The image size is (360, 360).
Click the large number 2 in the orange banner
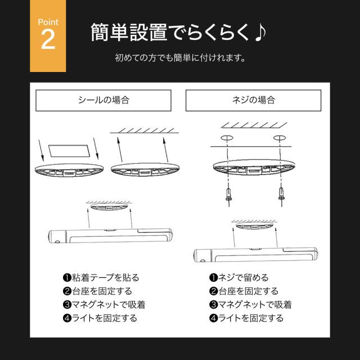pos(48,39)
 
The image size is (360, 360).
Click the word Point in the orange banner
pos(48,22)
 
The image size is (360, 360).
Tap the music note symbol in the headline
pos(260,33)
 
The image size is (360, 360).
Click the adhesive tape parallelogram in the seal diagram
pos(69,151)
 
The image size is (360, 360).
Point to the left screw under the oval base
pos(228,195)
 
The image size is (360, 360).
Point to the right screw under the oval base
pos(281,195)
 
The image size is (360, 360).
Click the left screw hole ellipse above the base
pos(227,138)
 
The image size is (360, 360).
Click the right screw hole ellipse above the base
pos(280,138)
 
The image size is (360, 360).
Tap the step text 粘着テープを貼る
pos(106,277)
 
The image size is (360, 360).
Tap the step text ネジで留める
pos(244,277)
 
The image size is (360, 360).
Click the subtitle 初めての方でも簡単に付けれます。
pos(180,57)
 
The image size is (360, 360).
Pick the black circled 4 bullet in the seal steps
pos(67,318)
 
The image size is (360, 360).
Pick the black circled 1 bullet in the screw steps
pos(214,277)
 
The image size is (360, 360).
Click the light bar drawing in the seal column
pos(110,236)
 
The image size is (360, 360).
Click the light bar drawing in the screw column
pos(255,255)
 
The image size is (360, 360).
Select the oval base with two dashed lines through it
pos(254,168)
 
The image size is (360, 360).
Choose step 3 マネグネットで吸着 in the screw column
pos(255,305)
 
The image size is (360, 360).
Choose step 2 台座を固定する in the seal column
pos(102,291)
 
